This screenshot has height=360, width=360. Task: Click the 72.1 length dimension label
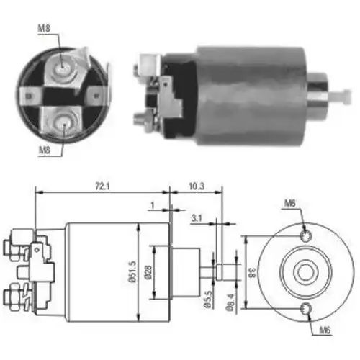point(102,186)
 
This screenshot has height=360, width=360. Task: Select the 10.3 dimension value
point(197,186)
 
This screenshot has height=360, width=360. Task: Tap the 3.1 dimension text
point(197,218)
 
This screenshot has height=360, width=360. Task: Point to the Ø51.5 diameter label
point(132,271)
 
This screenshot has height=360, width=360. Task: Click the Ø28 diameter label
point(148,272)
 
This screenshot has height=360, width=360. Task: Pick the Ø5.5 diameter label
point(208,299)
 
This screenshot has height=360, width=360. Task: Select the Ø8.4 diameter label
point(230,303)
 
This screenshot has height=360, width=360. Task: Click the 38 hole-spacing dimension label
point(252,272)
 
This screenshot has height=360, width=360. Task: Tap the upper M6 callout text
point(289,203)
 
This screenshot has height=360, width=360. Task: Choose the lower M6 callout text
point(325,330)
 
